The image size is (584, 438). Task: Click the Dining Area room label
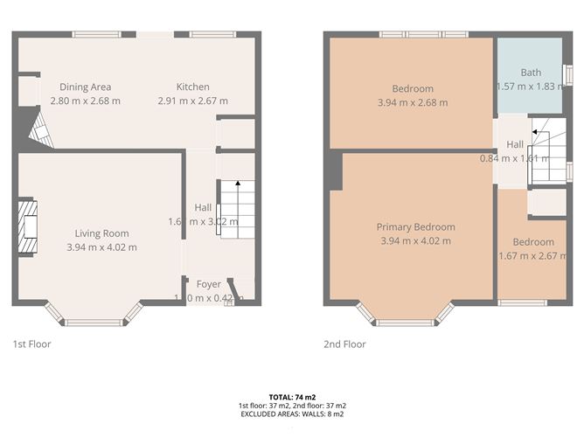[85, 87]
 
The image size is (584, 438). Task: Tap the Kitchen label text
[193, 87]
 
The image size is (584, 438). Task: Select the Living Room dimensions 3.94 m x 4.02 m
[101, 247]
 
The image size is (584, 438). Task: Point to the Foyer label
[208, 284]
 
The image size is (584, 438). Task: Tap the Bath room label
[531, 73]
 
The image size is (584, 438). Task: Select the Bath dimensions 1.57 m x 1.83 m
[531, 87]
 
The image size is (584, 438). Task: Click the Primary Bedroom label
[416, 227]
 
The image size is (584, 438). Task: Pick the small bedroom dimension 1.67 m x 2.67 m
[532, 256]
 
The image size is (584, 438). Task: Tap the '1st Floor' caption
[32, 344]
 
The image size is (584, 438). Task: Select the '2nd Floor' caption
[344, 344]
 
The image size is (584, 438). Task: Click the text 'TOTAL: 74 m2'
[292, 397]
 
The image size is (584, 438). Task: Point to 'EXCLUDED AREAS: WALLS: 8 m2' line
[292, 414]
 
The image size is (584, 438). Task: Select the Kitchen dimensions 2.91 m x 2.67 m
[193, 101]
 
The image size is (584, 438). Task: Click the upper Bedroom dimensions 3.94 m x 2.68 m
[413, 102]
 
